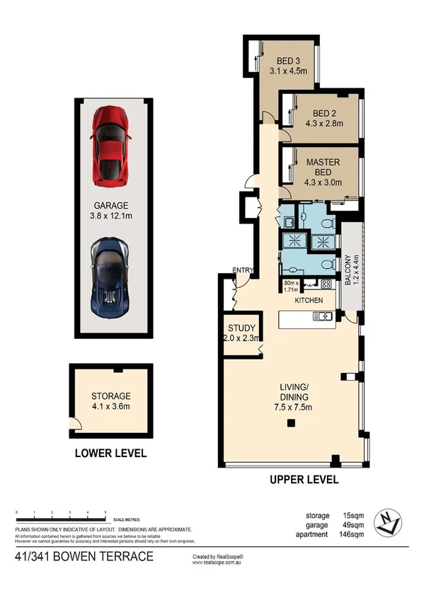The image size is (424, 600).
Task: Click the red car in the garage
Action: [x=110, y=145]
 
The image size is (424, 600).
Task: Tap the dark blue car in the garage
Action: [x=110, y=277]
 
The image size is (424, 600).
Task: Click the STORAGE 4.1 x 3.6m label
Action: [x=111, y=402]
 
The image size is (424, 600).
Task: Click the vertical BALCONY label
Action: [x=352, y=270]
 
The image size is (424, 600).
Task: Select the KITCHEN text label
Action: [x=309, y=301]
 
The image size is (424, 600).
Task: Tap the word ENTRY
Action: [x=243, y=270]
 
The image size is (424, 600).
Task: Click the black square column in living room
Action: [x=290, y=423]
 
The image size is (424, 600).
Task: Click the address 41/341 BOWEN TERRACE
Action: [x=84, y=557]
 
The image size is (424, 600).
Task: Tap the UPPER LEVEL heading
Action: [x=304, y=480]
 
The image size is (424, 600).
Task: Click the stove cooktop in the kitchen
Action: [x=326, y=285]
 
